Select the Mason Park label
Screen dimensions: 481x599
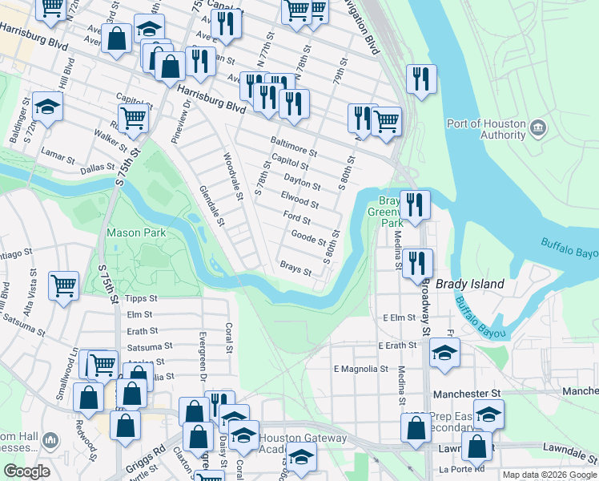coord(136,233)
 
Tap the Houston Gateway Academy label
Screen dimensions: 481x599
coord(304,443)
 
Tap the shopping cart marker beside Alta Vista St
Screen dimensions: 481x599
coord(63,285)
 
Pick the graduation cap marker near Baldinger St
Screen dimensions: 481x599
coord(47,107)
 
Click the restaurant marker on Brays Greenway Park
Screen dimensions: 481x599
coord(414,204)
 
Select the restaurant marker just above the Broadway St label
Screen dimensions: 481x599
coord(416,262)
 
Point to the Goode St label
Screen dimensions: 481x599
coord(308,238)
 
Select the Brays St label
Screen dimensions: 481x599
coord(295,269)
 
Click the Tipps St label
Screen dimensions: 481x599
coord(142,298)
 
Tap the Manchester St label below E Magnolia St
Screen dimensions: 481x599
coord(466,394)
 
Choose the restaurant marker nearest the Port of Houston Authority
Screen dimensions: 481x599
coord(420,79)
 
